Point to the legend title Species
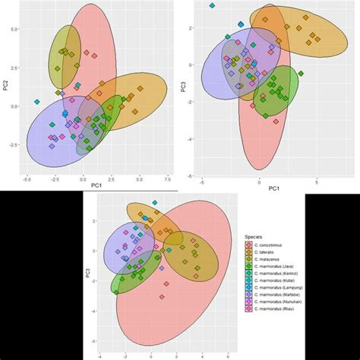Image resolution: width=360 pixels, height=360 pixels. [x=254, y=236]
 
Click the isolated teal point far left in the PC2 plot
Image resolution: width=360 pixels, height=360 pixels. [x=36, y=102]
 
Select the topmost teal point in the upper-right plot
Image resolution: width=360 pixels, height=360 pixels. [x=212, y=6]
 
